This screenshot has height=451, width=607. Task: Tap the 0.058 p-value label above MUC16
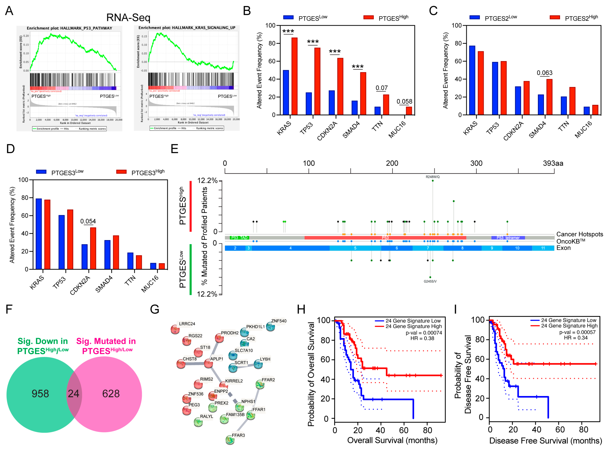[x=404, y=102]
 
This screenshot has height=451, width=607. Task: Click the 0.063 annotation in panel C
[x=544, y=73]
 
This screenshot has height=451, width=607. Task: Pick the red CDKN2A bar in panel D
[x=93, y=248]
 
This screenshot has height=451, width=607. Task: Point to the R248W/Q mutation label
[x=432, y=177]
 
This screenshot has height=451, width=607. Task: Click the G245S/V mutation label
[x=430, y=281]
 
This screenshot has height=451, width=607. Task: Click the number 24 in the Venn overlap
[x=73, y=393]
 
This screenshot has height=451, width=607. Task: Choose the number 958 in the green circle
[x=40, y=393]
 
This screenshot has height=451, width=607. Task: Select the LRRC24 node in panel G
[x=175, y=329]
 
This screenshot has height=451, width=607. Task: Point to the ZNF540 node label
[x=278, y=321]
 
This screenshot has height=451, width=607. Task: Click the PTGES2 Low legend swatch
[x=474, y=17]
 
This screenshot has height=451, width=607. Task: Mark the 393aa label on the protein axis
[x=553, y=163]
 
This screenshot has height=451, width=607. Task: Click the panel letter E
[x=174, y=149]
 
